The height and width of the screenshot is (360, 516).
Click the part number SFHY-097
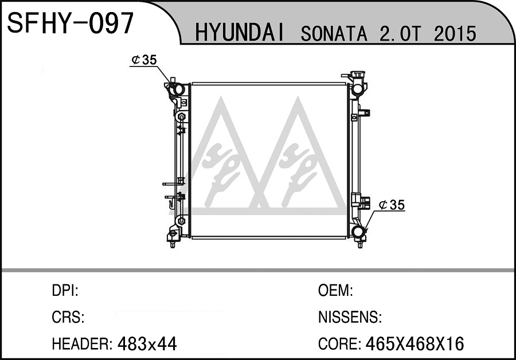pyautogui.click(x=71, y=23)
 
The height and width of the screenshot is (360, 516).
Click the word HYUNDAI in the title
pyautogui.click(x=240, y=33)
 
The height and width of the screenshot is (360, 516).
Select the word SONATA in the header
pyautogui.click(x=334, y=33)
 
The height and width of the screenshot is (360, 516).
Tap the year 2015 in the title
pyautogui.click(x=455, y=33)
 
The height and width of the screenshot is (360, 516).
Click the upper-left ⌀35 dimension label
pyautogui.click(x=144, y=60)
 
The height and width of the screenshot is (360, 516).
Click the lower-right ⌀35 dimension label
pyautogui.click(x=391, y=205)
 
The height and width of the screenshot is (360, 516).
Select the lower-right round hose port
pyautogui.click(x=357, y=231)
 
